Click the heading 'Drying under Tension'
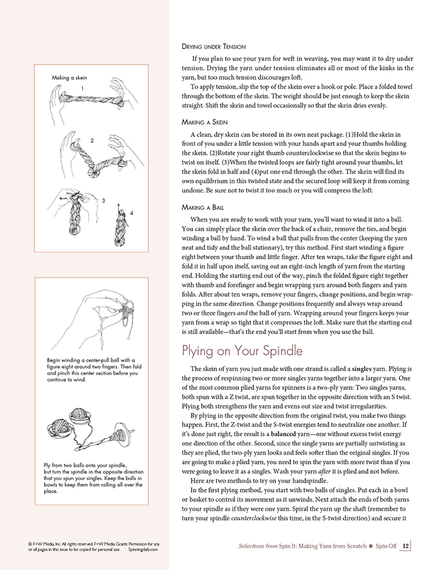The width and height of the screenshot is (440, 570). (x=212, y=47)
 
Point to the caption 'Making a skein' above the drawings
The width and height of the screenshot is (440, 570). (x=69, y=77)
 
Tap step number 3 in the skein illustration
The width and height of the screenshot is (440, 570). (x=104, y=200)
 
